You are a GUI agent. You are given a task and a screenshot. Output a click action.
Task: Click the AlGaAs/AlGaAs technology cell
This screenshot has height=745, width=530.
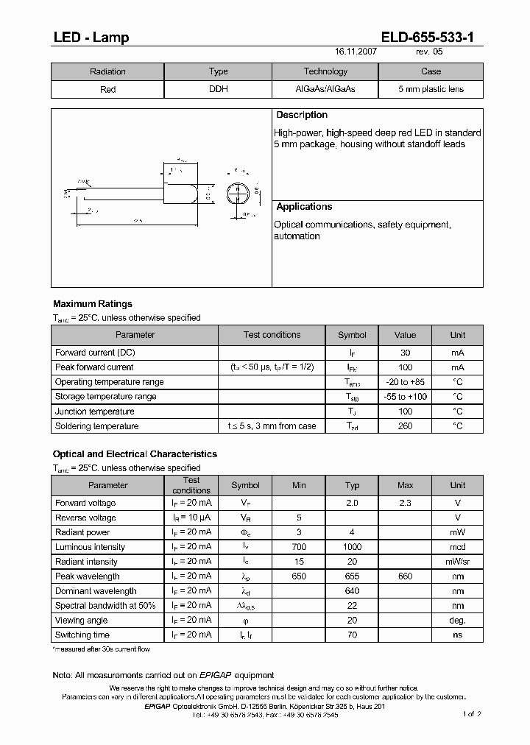point(325,89)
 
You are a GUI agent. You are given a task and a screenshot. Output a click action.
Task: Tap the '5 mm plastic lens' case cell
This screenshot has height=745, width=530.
point(431,89)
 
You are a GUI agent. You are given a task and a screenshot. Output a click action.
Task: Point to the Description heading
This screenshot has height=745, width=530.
point(301,115)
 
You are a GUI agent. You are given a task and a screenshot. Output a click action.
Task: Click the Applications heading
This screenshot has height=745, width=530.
point(304,207)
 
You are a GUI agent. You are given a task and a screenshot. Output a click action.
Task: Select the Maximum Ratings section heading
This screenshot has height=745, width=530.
point(93,303)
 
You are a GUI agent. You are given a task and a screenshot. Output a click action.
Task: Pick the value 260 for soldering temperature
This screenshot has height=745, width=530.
point(405,426)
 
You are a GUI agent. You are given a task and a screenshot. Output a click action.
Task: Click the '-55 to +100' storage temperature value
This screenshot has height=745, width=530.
point(405,397)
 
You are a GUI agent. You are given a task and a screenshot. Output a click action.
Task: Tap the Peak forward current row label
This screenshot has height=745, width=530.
point(94,367)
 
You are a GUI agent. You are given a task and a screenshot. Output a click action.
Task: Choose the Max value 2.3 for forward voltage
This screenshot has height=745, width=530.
point(405,503)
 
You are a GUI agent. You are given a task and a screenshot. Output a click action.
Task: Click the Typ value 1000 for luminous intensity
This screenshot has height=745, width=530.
point(352,547)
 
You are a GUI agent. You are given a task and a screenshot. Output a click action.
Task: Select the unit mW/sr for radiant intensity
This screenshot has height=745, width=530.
point(458,562)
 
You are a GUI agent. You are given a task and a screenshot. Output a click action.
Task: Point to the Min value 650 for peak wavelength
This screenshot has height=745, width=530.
point(299,576)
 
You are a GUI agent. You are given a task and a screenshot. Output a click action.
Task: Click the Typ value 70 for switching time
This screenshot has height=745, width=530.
point(352,635)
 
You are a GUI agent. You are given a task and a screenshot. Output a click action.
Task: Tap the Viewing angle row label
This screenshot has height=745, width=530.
point(81,620)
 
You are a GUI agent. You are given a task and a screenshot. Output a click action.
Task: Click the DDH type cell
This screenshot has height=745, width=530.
point(219,89)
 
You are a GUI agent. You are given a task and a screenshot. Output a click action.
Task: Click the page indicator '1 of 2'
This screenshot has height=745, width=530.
point(472,714)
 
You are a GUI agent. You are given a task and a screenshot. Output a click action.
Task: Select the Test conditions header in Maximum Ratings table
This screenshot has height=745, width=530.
point(272,335)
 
